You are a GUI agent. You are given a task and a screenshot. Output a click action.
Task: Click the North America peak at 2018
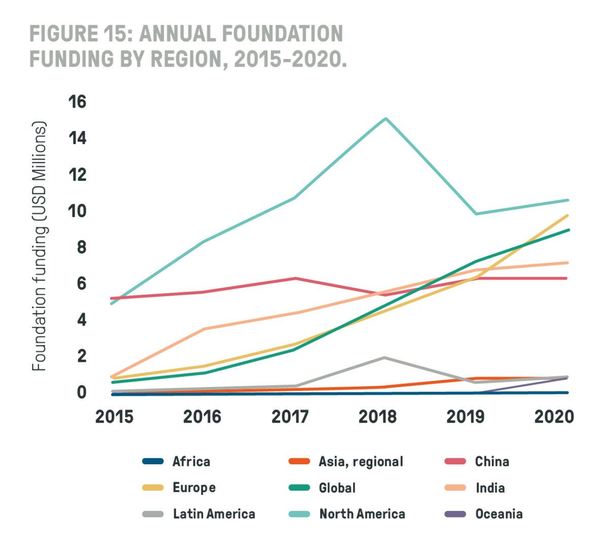386,119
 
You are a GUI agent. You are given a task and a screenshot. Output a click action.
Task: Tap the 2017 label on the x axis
290,417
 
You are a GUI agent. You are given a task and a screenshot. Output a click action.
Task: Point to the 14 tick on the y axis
77,138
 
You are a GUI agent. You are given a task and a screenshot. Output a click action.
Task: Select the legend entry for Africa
191,461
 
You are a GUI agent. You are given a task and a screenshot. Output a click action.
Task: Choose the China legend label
492,461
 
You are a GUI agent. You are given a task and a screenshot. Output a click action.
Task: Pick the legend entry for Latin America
214,514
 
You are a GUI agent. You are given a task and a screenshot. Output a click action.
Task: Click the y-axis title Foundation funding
39,247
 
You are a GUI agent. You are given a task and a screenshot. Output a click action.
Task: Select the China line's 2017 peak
295,278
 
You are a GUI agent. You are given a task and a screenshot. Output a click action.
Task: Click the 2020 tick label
554,417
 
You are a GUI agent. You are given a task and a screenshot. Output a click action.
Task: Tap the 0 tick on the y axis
82,392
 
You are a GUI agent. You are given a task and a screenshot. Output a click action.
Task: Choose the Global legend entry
337,488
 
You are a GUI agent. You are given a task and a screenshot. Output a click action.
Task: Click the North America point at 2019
476,214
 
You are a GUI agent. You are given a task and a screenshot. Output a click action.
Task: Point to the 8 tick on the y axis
82,247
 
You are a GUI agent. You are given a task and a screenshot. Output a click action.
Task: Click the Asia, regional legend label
361,461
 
